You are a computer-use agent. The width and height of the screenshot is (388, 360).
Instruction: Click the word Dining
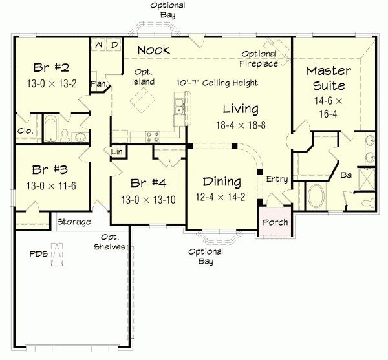click(221, 182)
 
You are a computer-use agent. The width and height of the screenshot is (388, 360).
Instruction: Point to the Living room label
click(241, 109)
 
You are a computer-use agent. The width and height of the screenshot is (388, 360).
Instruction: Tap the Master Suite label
click(329, 78)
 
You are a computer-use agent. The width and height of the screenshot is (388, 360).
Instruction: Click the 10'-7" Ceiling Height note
click(217, 83)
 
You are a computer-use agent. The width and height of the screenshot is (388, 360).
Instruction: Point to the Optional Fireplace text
click(259, 59)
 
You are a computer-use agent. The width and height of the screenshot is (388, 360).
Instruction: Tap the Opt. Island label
click(144, 77)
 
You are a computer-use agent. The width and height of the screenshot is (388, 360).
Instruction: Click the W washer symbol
click(99, 45)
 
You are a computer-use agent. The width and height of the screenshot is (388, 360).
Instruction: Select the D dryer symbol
click(114, 45)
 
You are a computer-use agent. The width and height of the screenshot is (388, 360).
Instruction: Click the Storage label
click(74, 222)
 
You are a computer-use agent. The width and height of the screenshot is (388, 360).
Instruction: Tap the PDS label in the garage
click(38, 254)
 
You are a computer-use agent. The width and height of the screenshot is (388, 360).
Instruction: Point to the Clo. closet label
click(24, 131)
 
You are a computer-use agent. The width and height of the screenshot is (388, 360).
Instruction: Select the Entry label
click(277, 179)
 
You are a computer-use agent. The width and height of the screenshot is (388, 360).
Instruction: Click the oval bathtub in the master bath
click(317, 195)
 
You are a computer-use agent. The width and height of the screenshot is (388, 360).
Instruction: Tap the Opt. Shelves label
click(109, 242)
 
